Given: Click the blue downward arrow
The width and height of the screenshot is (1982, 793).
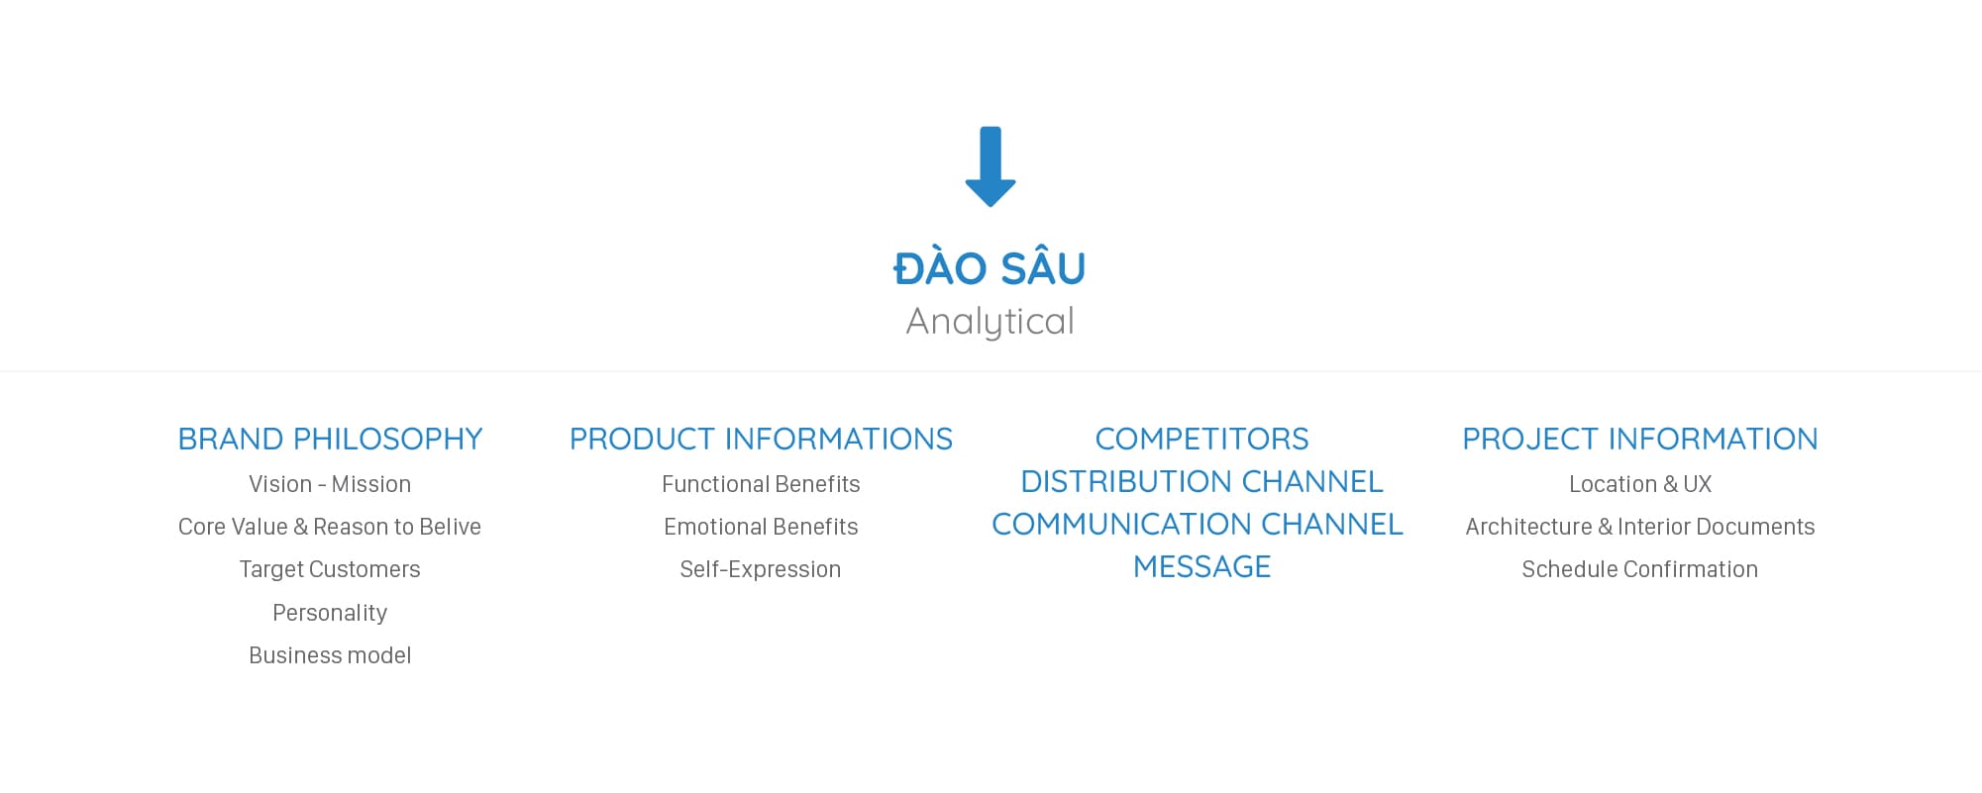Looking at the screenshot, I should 990,166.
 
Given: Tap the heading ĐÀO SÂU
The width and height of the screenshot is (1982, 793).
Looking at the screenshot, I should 990,269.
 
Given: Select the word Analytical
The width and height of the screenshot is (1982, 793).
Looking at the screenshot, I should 990,322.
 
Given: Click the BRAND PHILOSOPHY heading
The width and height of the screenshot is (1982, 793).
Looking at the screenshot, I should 330,439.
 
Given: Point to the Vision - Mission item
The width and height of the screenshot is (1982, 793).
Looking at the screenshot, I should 330,484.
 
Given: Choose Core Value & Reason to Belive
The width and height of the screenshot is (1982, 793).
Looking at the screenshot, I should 330,527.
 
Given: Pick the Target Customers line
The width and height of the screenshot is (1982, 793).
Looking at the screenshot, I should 330,569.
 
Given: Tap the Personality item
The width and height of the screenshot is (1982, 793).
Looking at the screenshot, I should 330,613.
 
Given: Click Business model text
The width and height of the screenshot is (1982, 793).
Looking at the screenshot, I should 330,655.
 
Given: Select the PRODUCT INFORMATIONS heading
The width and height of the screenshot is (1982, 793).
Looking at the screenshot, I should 761,439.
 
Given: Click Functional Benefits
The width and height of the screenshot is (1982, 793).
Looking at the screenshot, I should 761,484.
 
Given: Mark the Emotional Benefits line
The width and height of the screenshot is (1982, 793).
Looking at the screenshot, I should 761,527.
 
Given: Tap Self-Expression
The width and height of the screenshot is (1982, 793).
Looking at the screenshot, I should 761,569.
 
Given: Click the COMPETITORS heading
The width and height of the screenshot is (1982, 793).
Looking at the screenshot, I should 1201,439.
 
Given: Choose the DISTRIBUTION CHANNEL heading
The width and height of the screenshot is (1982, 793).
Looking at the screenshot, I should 1201,481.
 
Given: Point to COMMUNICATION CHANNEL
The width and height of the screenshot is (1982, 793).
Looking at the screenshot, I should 1198,524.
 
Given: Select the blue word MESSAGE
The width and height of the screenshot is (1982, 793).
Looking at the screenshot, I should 1201,566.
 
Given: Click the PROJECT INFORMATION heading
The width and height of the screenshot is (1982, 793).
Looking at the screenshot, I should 1640,439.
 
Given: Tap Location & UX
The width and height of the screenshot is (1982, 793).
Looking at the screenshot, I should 1640,484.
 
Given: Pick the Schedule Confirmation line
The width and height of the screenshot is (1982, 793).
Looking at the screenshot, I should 1640,569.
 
